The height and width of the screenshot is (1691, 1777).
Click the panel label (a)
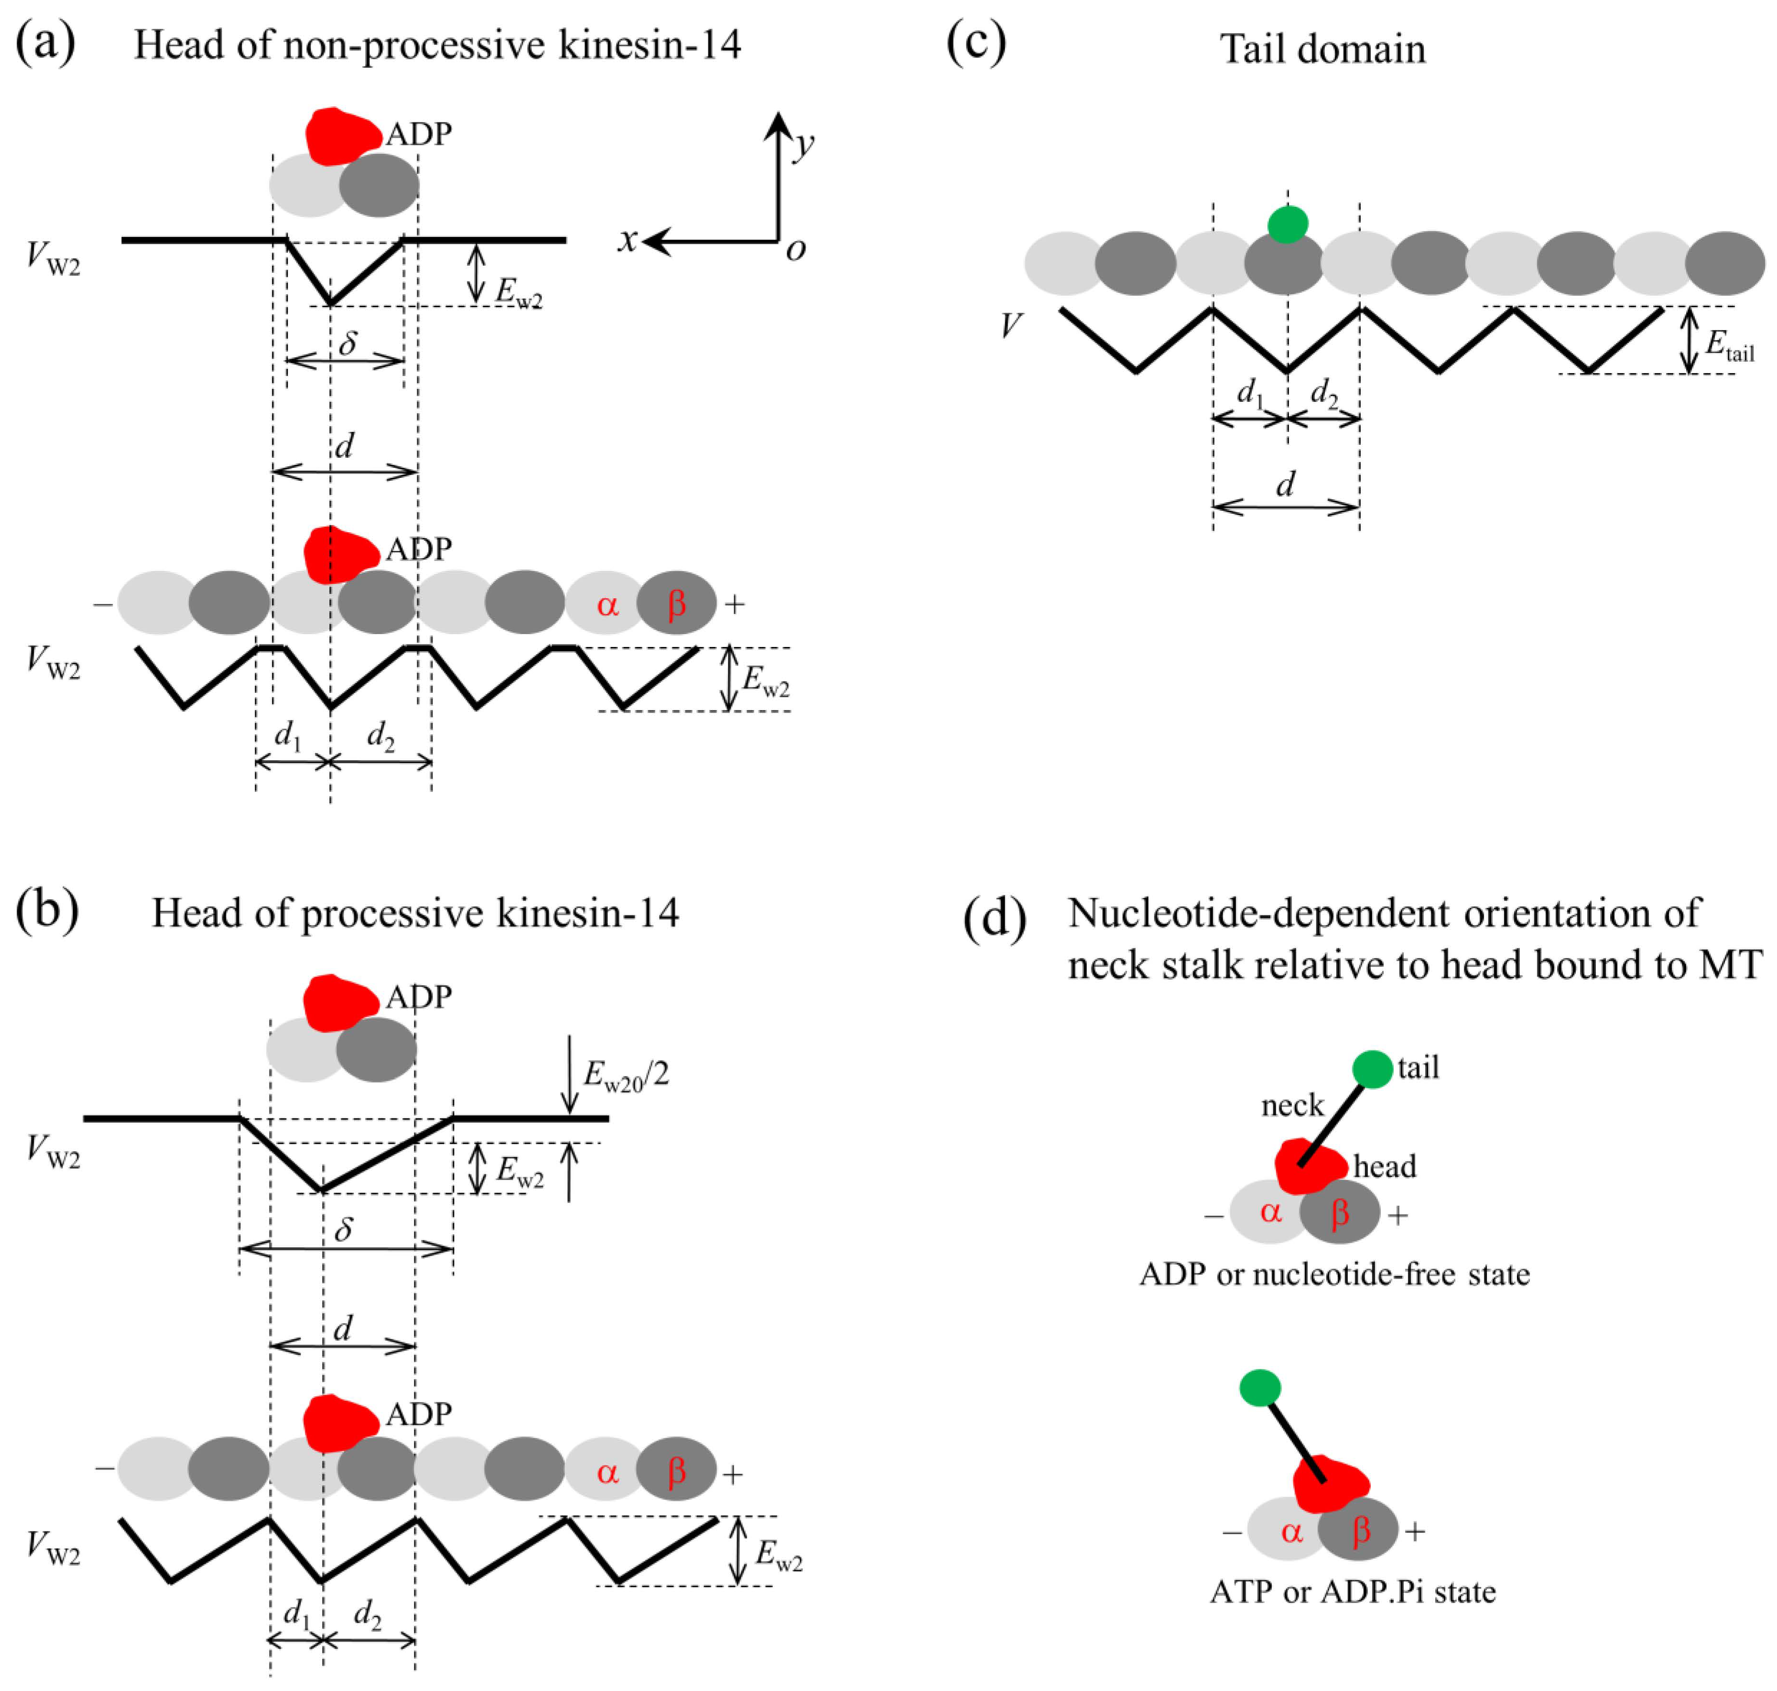point(45,44)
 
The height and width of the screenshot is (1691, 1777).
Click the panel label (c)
point(975,44)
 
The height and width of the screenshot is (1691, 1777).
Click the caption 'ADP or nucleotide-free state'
point(1334,1274)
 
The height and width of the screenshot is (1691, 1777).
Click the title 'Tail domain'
point(1322,50)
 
